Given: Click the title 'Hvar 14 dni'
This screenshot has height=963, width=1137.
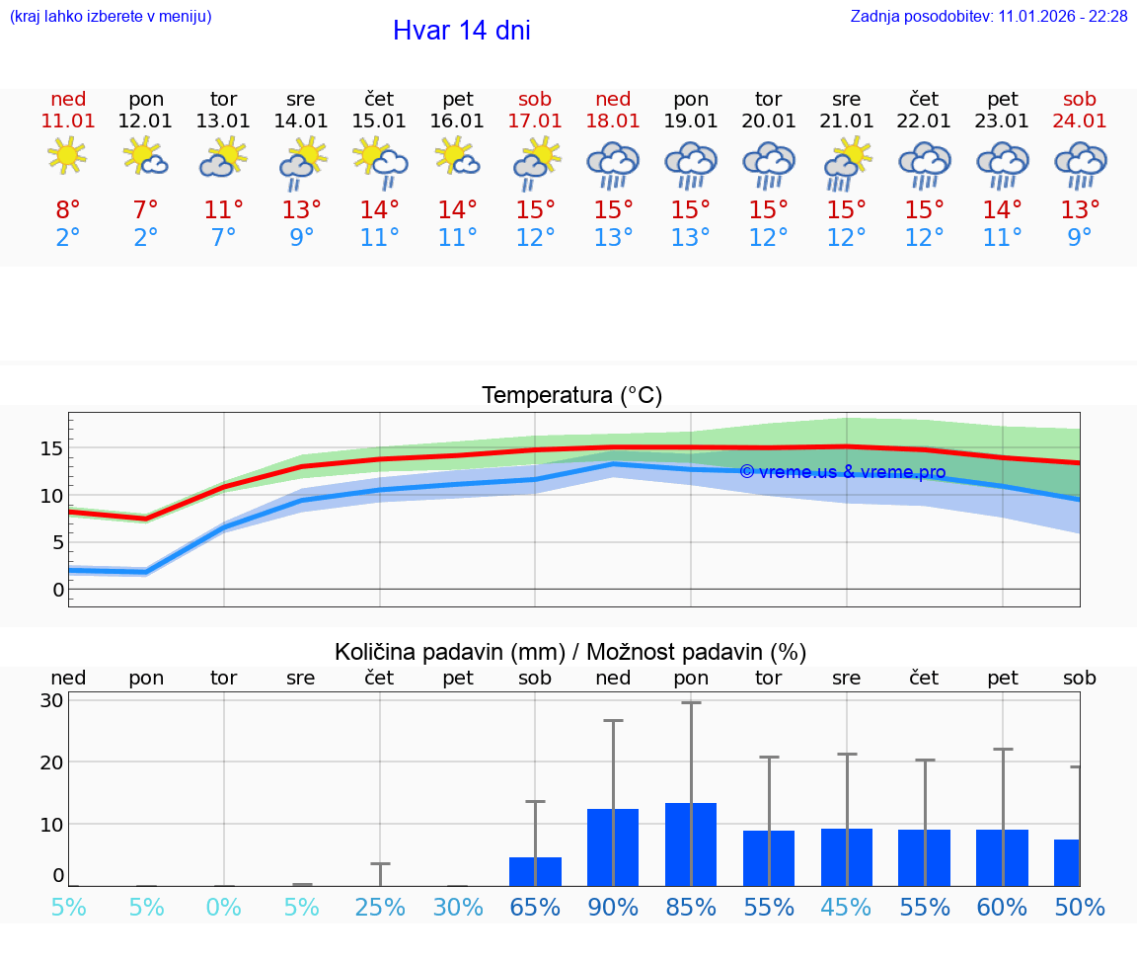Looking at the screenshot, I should click(x=461, y=31).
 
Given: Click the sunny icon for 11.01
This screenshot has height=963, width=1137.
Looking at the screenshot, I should click(x=67, y=155).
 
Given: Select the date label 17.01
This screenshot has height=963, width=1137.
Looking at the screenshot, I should click(x=535, y=121).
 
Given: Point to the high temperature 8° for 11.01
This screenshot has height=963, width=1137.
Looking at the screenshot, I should click(x=68, y=210).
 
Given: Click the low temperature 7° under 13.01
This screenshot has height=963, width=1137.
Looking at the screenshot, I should click(x=224, y=238).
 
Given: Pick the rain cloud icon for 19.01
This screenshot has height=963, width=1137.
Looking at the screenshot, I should click(x=691, y=164).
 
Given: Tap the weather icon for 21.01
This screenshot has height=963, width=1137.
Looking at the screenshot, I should click(x=847, y=164).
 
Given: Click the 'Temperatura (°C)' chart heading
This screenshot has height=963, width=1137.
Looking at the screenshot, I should click(x=571, y=396).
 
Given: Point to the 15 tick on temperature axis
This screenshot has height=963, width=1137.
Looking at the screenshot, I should click(x=52, y=448).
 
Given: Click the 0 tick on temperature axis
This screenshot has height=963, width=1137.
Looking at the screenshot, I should click(x=58, y=590).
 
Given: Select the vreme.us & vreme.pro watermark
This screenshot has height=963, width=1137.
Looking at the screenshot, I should click(x=842, y=472).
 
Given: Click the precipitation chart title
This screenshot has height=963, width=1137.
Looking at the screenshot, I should click(x=570, y=652).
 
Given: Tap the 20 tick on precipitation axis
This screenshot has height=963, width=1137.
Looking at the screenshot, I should click(x=52, y=762).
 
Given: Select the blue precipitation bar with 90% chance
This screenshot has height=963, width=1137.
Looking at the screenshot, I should click(x=613, y=846).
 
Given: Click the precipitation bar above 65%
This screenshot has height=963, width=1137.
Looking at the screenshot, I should click(x=535, y=870).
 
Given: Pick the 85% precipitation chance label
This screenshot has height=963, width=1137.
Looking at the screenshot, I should click(x=691, y=907).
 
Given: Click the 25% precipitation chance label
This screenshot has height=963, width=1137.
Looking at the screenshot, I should click(x=380, y=907).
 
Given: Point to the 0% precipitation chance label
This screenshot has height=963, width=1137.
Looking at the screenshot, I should click(x=224, y=907).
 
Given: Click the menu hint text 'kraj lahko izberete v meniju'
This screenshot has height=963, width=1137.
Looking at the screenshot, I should click(x=111, y=16).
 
